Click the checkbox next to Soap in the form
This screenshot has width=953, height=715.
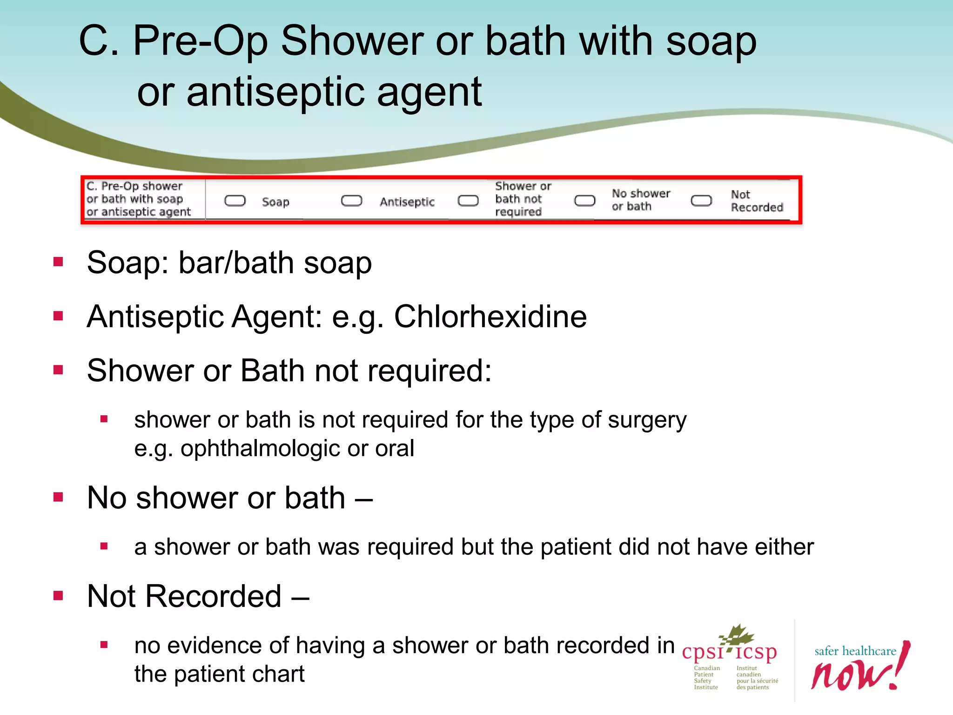tap(235, 201)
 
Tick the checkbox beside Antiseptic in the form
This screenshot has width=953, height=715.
tap(351, 201)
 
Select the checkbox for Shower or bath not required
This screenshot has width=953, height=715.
tap(468, 201)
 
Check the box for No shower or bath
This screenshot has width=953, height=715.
tap(584, 201)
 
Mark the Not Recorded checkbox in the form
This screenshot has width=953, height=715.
tap(701, 201)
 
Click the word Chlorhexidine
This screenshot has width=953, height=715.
tap(490, 317)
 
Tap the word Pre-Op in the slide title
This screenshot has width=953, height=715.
tap(201, 41)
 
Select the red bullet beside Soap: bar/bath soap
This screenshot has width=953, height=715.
tap(58, 262)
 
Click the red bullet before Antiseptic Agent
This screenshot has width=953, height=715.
tap(58, 317)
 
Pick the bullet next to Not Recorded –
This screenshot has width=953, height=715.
tap(58, 596)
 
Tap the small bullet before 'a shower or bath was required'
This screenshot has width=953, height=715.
tap(104, 546)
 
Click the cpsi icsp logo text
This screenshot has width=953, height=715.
tap(729, 652)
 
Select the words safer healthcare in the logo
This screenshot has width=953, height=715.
tap(855, 651)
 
